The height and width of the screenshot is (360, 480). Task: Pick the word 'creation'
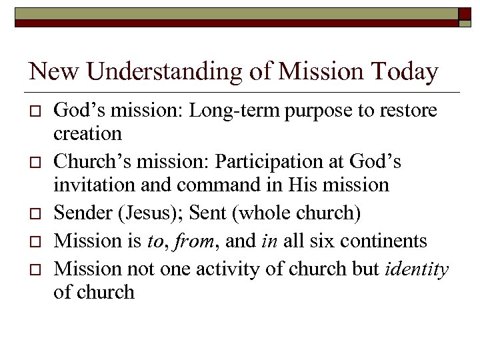pyautogui.click(x=87, y=133)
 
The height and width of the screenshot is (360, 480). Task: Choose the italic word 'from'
pyautogui.click(x=190, y=240)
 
